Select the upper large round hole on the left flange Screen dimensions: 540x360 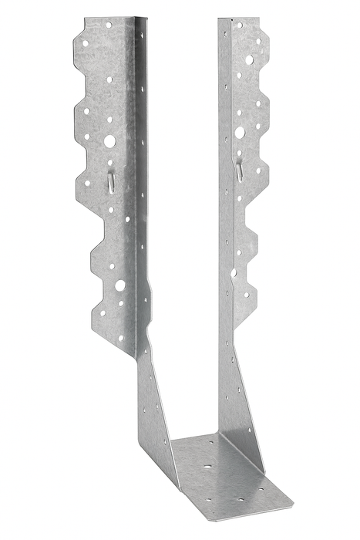tap(109, 141)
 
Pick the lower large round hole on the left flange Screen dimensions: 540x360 tap(120, 285)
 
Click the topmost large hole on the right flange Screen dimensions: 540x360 tap(250, 59)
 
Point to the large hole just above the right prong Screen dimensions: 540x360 tap(240, 133)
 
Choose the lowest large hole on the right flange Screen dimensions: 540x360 tap(234, 272)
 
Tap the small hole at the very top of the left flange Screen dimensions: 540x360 tap(108, 25)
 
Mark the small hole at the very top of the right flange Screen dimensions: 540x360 tap(239, 25)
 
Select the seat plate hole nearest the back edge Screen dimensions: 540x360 tap(207, 446)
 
